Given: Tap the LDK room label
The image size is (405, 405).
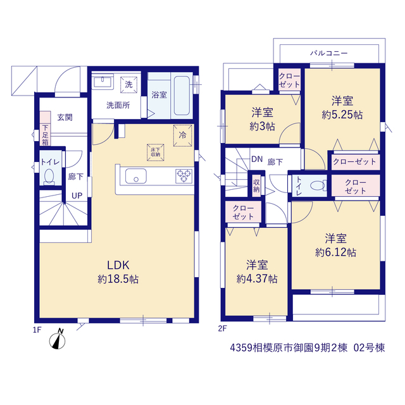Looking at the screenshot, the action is [118, 265].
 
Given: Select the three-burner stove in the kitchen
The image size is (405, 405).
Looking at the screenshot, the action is [184, 176].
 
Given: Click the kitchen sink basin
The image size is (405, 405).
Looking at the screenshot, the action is [136, 176].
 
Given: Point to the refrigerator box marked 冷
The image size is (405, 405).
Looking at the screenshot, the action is [183, 135].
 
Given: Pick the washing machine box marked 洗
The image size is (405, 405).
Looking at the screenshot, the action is [128, 84].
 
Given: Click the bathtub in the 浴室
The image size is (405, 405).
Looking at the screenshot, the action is [182, 96].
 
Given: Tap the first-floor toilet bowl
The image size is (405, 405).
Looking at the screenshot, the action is [49, 177].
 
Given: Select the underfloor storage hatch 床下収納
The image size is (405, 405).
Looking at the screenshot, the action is [156, 153].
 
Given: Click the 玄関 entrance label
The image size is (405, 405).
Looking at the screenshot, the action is [65, 118].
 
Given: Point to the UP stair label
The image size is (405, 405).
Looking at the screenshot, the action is [77, 196].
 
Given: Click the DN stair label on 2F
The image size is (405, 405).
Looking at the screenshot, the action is [257, 159].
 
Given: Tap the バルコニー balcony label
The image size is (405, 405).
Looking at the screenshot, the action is [329, 53].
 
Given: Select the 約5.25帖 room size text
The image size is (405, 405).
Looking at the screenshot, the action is [342, 115].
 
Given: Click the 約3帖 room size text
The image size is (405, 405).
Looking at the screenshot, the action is [262, 127].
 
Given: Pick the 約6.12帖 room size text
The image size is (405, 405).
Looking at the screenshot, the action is [335, 252].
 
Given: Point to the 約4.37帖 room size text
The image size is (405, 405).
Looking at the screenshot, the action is [257, 279].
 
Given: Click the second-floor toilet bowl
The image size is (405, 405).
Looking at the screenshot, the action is [318, 185].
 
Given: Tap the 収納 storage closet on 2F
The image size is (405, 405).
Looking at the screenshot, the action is [256, 185].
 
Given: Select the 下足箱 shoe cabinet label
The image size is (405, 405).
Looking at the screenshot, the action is [45, 135].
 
